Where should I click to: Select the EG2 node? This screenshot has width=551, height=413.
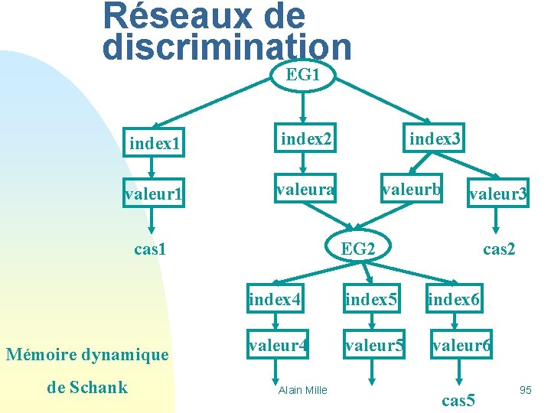(x=358, y=248)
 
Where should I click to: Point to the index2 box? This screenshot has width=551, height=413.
(x=305, y=138)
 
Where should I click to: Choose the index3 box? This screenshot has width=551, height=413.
(x=435, y=138)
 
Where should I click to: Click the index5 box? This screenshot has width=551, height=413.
(x=371, y=298)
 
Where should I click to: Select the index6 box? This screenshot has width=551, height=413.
(x=454, y=298)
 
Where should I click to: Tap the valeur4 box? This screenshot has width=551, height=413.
(x=277, y=346)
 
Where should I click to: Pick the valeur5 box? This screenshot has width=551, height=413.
(x=373, y=346)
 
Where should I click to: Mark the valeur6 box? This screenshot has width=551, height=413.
(x=461, y=346)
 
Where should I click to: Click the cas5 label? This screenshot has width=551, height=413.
(x=459, y=399)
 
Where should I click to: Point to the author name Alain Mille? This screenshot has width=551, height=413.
(x=302, y=390)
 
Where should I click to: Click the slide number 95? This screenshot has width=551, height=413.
(x=525, y=390)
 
